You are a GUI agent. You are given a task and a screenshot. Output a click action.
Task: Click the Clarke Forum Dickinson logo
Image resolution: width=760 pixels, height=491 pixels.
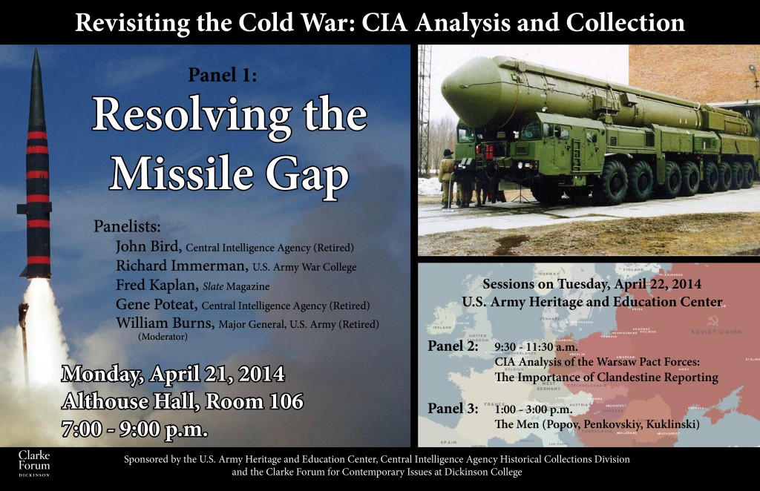[34, 462]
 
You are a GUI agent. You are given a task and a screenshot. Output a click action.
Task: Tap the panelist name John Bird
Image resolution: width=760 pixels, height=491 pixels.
[148, 246]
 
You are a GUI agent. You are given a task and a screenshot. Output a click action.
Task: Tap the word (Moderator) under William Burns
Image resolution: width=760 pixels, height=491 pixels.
[163, 336]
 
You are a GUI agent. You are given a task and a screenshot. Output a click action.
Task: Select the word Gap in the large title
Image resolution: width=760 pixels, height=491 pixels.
[306, 175]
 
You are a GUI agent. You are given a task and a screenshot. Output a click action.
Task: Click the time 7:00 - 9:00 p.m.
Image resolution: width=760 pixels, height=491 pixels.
[134, 429]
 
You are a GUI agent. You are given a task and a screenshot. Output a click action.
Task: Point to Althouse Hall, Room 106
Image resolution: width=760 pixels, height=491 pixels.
[183, 401]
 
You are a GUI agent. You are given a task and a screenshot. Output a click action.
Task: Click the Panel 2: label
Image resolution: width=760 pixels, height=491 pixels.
[453, 347]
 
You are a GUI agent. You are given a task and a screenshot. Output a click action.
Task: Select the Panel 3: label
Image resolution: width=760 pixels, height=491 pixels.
[453, 409]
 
